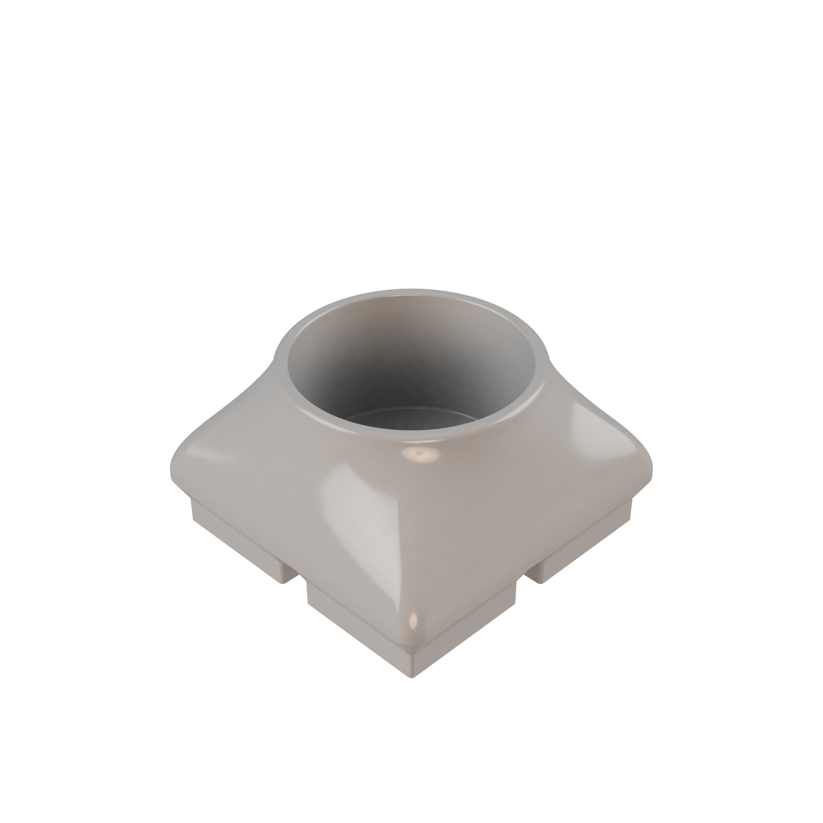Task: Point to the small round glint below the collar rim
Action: [420, 455]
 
